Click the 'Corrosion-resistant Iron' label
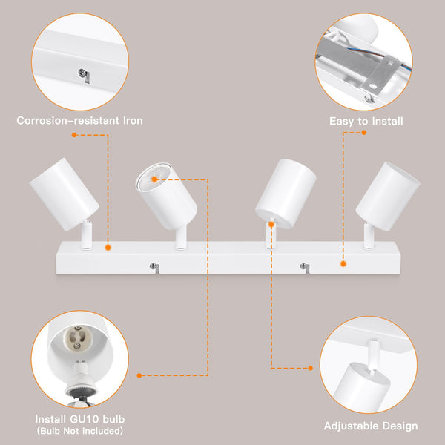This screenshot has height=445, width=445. pos(79,120)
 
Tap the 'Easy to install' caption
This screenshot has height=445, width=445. pos(366,120)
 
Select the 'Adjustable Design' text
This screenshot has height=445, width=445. pos(370,426)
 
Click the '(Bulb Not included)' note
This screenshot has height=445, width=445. pos(79,431)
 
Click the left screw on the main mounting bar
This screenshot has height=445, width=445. pos(154,266)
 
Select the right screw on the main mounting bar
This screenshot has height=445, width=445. pos(303,266)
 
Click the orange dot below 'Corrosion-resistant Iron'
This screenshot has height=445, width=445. pos(74,135)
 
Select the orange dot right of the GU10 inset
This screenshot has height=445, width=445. pos(140,375)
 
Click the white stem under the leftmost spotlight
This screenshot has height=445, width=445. pos(87,237)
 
